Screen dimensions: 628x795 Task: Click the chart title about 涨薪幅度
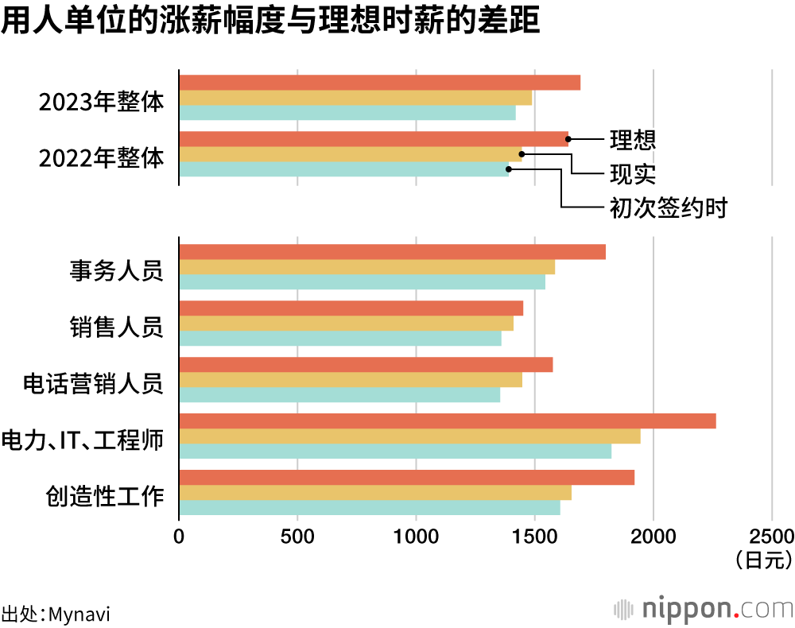coord(270,21)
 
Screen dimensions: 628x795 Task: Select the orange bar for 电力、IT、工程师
coord(447,421)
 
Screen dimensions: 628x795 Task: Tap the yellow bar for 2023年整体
coord(355,98)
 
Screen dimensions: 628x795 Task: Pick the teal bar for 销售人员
coord(340,339)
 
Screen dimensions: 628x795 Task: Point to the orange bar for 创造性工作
coord(406,478)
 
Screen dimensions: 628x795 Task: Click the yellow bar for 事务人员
coord(366,266)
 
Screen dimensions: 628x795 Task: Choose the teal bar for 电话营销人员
coord(339,395)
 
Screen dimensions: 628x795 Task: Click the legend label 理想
coord(633,140)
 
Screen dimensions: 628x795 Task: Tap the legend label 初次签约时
coord(669,208)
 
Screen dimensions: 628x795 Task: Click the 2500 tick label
coord(771,535)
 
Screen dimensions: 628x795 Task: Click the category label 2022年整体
coord(101,158)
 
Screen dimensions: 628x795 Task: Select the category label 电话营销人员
coord(93,384)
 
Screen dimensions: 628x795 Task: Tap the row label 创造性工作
coord(105,497)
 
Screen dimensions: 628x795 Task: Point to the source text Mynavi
coord(79,614)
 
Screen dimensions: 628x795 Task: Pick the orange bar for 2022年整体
coord(374,139)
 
